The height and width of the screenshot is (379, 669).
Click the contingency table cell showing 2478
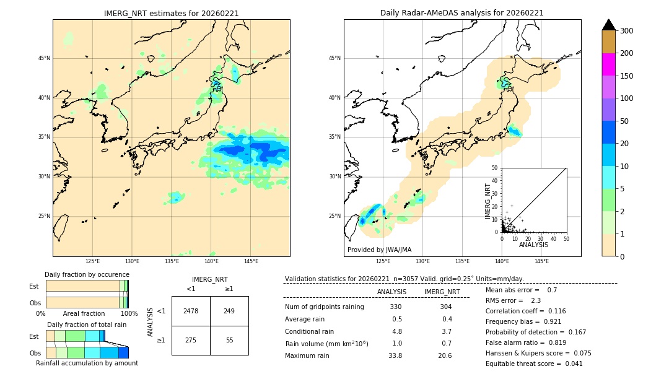point(191,311)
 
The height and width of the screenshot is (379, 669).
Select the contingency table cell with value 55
point(229,340)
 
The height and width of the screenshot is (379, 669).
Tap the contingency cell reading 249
point(229,311)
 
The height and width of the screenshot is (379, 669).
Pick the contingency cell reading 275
point(191,340)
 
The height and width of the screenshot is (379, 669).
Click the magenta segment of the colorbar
point(609,64)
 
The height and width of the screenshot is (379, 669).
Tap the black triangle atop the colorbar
point(609,25)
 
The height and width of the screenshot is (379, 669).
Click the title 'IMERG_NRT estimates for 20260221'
point(171,13)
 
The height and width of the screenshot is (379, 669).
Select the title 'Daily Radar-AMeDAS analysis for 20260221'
point(462,13)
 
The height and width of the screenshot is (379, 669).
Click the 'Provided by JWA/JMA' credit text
point(379,250)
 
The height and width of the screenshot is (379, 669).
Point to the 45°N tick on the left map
point(44,58)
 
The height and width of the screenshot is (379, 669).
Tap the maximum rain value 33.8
point(395,355)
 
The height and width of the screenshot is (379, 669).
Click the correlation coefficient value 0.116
point(553,311)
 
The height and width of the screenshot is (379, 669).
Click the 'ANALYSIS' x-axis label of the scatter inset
point(533,245)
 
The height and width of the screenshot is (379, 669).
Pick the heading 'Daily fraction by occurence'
point(87,274)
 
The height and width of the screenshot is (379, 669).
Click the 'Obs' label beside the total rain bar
point(35,352)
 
